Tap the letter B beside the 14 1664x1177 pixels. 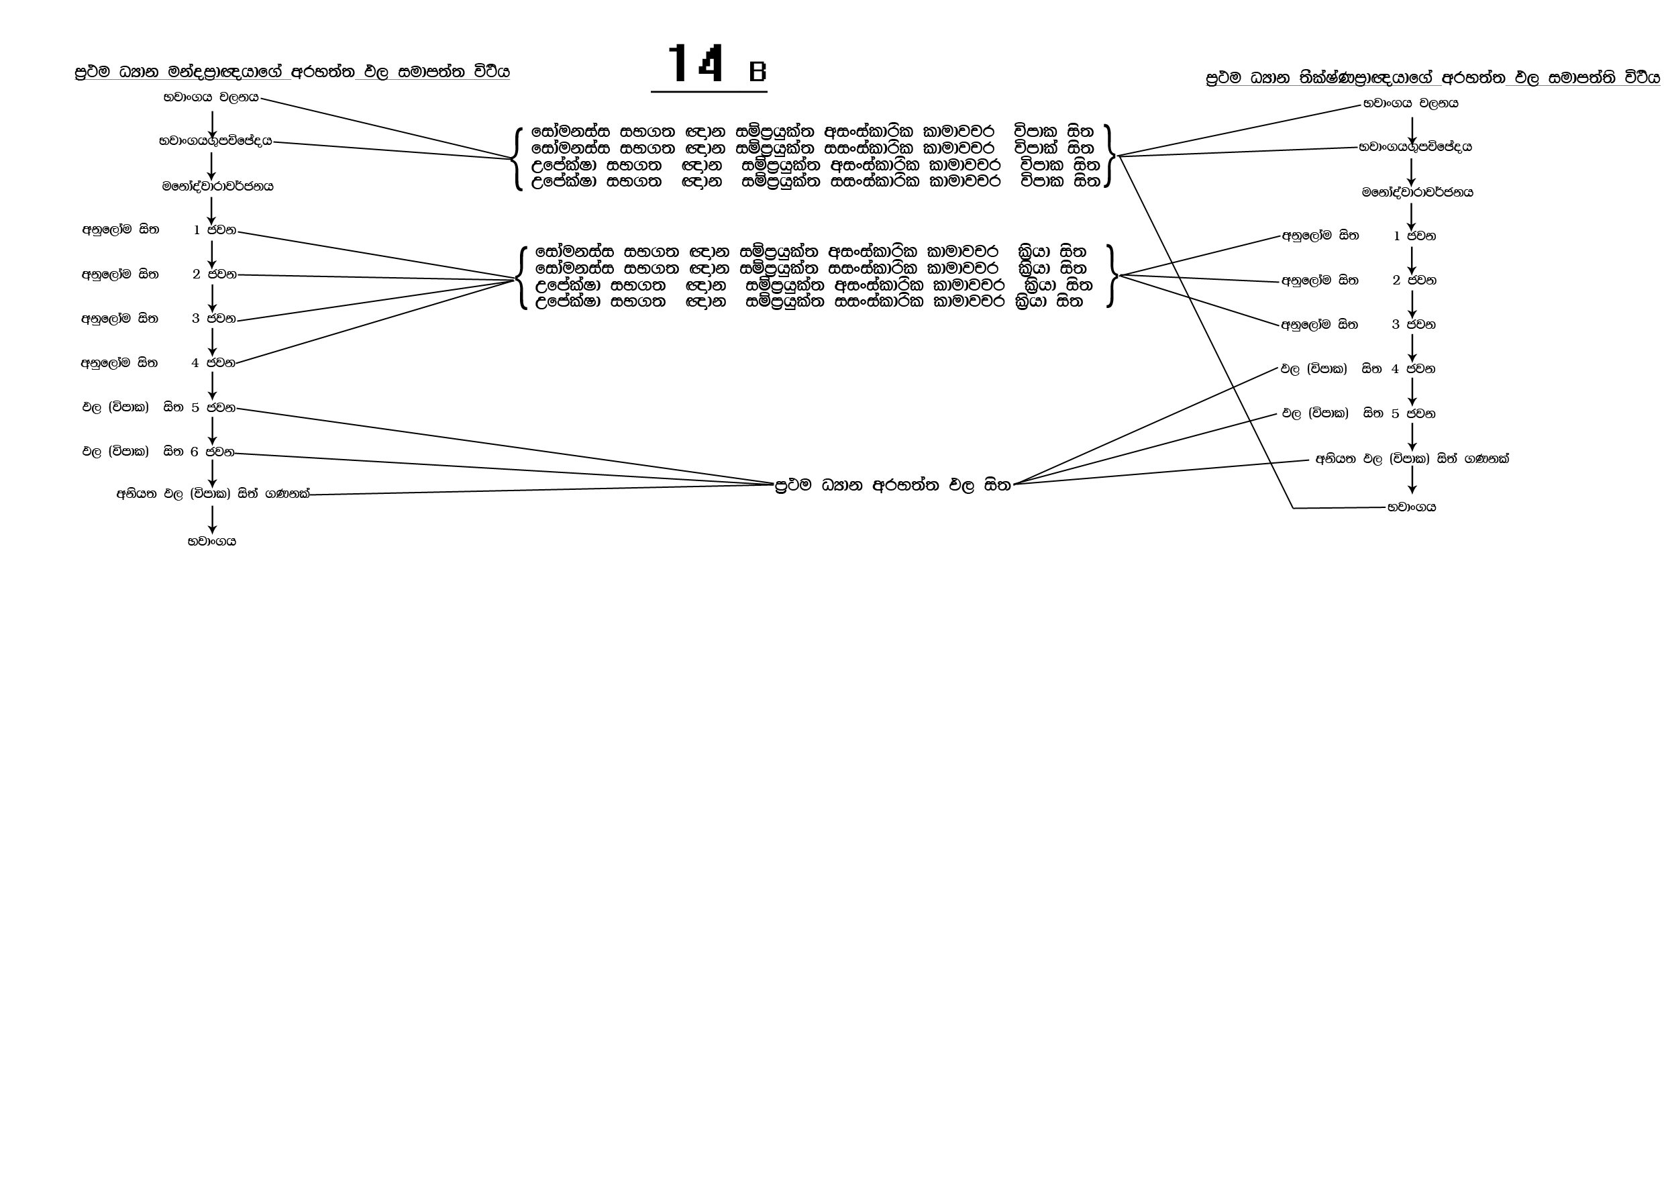[758, 71]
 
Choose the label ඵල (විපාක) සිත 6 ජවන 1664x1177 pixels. [158, 452]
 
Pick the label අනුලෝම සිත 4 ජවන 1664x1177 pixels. [158, 362]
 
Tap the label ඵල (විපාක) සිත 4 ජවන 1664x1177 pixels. [1358, 369]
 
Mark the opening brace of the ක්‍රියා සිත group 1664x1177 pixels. [521, 277]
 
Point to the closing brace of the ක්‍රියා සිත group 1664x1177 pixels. [1111, 276]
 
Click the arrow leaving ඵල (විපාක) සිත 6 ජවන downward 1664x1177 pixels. [212, 474]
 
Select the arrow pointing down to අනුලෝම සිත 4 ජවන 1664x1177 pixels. [212, 341]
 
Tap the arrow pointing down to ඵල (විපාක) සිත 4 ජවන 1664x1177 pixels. [1412, 349]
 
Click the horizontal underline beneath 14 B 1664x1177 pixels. [709, 92]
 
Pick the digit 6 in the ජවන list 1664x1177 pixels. [194, 452]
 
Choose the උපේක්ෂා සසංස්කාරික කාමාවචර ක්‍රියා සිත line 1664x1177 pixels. [809, 301]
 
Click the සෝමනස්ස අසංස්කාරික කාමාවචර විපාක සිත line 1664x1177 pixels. [812, 132]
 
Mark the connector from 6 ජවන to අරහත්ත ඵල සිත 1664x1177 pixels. [507, 470]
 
